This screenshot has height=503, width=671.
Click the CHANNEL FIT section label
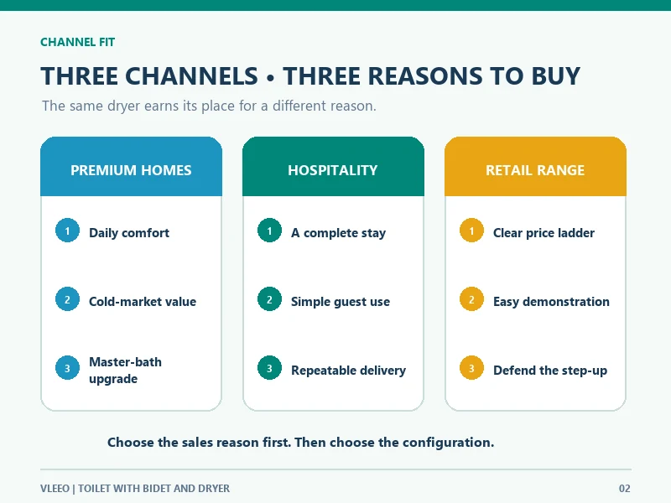click(x=77, y=42)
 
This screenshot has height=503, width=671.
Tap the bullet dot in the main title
click(x=270, y=78)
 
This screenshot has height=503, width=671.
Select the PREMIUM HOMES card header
click(x=131, y=166)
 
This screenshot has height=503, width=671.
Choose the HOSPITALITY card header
click(x=333, y=166)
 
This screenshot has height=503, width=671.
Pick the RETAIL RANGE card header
click(x=535, y=166)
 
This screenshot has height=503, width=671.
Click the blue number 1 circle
click(x=67, y=231)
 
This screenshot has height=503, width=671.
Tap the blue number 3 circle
click(x=67, y=368)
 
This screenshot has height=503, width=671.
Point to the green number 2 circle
click(x=269, y=299)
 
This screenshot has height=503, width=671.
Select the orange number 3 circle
click(x=471, y=368)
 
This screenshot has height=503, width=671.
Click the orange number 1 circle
click(x=471, y=231)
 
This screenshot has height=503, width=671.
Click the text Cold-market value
click(x=143, y=302)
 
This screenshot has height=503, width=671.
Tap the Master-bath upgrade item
click(x=125, y=371)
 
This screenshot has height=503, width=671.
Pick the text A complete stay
click(x=339, y=233)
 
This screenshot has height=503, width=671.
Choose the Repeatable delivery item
click(x=348, y=371)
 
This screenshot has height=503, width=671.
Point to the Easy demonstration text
click(x=551, y=302)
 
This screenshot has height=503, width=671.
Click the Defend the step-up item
click(x=550, y=371)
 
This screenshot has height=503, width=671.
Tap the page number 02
click(x=625, y=489)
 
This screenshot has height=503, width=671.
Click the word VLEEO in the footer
click(x=55, y=489)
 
